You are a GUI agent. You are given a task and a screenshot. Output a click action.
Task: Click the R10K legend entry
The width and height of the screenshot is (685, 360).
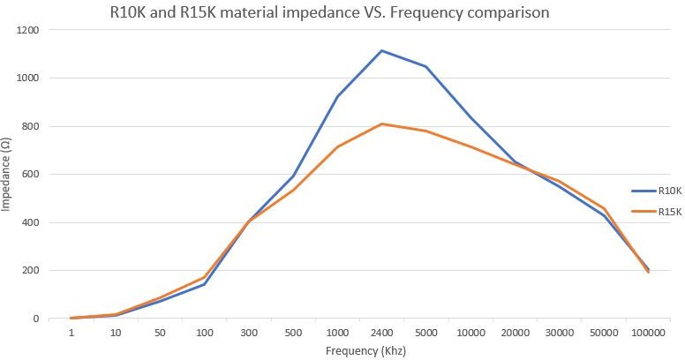pos(664,190)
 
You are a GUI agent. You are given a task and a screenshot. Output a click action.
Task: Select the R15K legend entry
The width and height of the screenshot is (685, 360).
pos(664,211)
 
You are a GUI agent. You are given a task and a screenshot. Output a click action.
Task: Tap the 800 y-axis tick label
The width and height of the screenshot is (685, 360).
pos(31,126)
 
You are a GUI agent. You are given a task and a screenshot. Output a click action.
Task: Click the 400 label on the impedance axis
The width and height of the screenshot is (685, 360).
pos(31,222)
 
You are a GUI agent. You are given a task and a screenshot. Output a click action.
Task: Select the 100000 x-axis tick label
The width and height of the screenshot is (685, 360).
pos(648,333)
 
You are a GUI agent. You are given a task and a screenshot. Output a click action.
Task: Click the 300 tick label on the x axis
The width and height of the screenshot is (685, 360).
pos(249,333)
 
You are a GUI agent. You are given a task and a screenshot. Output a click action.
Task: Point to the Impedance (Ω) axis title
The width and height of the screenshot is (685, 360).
pos(7,174)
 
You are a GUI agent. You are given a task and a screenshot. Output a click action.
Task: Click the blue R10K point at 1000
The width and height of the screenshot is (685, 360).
pos(337,96)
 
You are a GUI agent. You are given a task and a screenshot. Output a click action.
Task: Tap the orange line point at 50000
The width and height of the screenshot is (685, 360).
pos(604,208)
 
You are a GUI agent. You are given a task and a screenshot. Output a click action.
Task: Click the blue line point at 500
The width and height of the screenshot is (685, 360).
pos(293,176)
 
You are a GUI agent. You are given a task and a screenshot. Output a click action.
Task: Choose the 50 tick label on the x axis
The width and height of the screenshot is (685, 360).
pos(160,333)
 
